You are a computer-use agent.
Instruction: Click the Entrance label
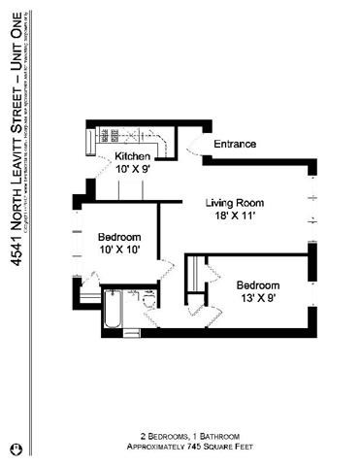point(234,144)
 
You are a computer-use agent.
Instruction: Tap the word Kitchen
point(133,156)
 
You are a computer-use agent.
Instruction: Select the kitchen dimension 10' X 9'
point(133,169)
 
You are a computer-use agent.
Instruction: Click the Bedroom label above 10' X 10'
point(119,237)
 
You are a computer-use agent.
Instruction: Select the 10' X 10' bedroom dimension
point(119,250)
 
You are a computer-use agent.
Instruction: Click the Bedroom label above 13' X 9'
point(257,284)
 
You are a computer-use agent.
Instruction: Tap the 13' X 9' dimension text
point(257,298)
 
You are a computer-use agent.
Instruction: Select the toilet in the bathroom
point(148,300)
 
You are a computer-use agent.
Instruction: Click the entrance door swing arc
point(195,146)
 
